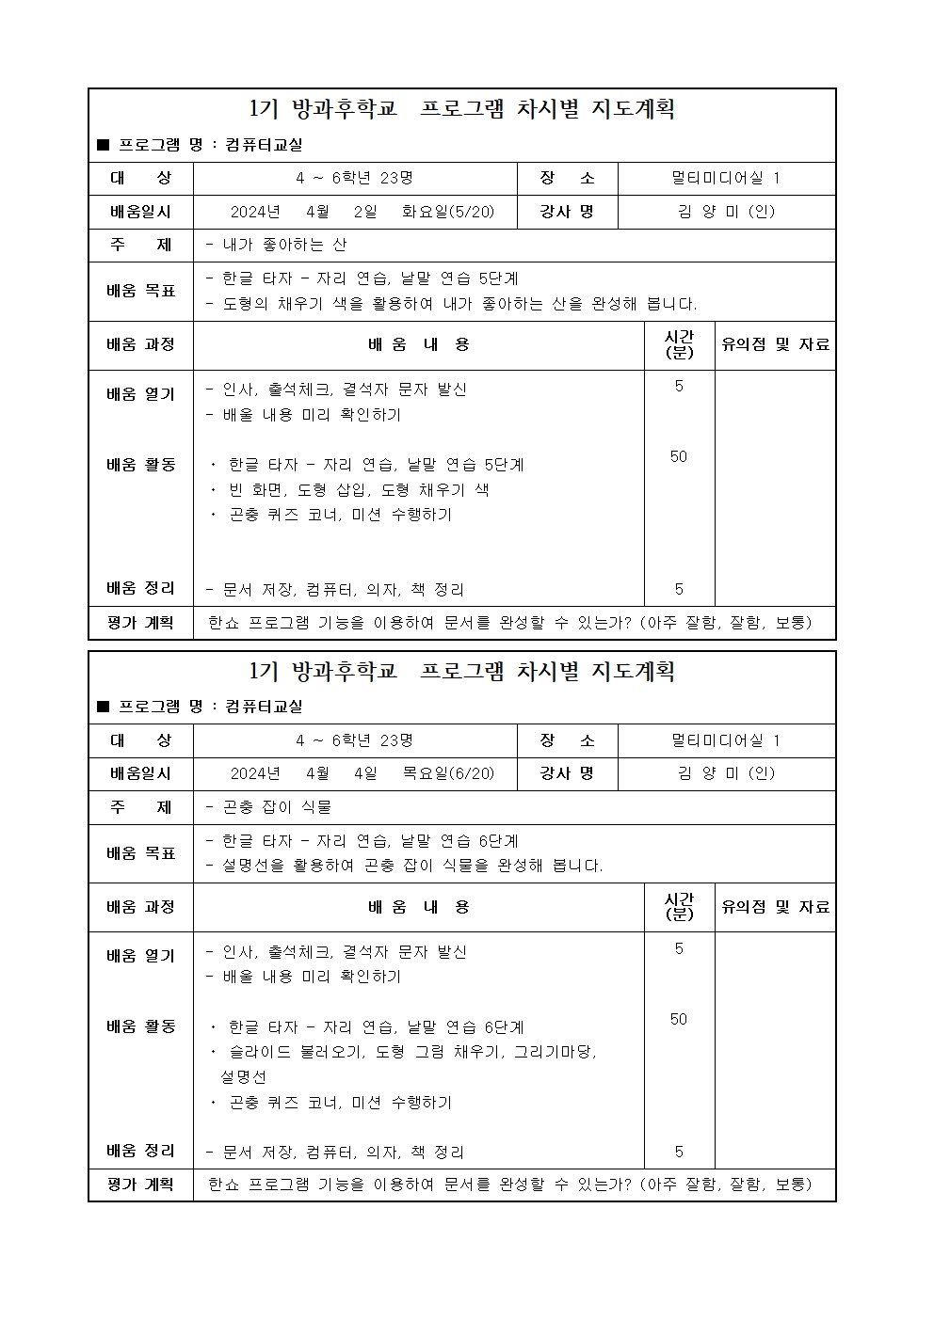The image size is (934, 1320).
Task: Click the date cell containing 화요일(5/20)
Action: [x=362, y=212]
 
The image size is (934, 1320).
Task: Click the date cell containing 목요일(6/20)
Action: [x=362, y=773]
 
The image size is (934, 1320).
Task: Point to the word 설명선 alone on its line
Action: [x=244, y=1076]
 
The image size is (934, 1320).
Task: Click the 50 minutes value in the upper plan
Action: [x=679, y=456]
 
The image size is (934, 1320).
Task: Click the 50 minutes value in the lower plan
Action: [x=679, y=1019]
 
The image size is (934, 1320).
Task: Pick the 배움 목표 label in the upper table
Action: [x=141, y=291]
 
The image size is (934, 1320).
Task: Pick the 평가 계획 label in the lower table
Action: [x=141, y=1185]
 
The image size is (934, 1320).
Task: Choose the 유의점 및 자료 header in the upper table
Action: [x=775, y=344]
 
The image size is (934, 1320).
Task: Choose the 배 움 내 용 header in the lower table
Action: [x=418, y=907]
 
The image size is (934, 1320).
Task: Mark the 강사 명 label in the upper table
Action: [x=567, y=212]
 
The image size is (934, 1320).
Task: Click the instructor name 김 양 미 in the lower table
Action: [x=725, y=773]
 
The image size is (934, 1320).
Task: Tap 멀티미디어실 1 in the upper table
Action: [x=726, y=178]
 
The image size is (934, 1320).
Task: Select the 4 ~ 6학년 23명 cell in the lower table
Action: [x=354, y=740]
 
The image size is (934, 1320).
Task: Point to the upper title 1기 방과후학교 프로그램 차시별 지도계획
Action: [x=462, y=110]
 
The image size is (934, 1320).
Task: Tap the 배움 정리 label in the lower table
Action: [x=141, y=1151]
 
